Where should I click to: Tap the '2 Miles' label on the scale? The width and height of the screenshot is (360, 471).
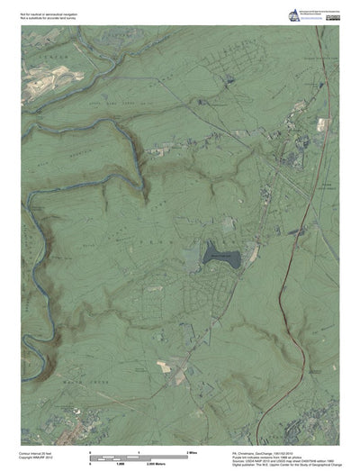[x=191, y=448]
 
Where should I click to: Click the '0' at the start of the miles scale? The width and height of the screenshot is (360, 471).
[x=90, y=448]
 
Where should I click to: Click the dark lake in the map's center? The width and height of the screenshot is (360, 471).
[x=221, y=255]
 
